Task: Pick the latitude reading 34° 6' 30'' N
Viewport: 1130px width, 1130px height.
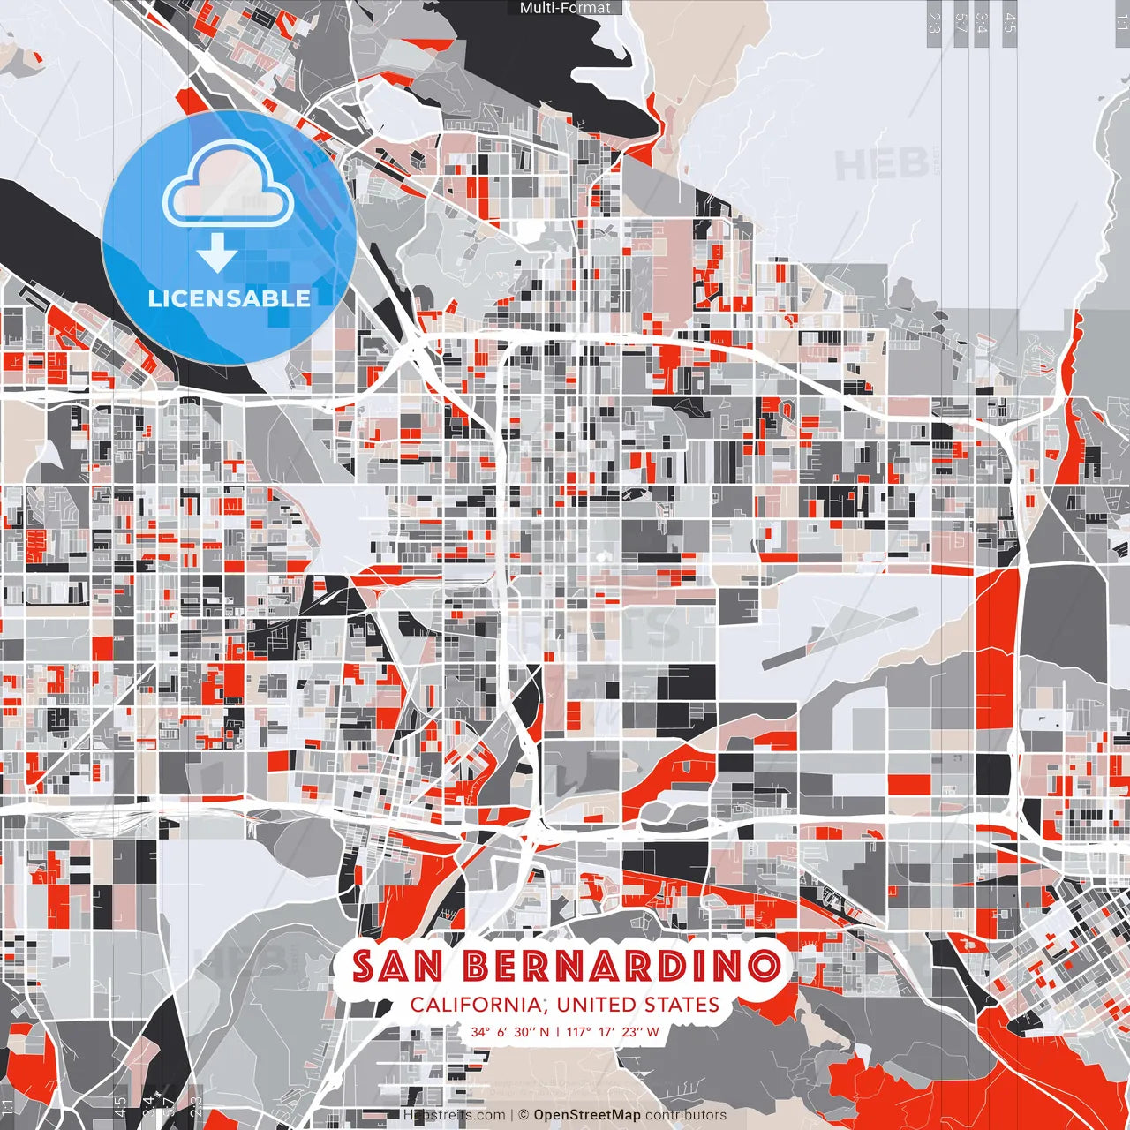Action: [509, 1031]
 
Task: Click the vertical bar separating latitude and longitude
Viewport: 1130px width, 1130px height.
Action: [558, 1031]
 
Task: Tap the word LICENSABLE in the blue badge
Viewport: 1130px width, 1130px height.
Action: [229, 298]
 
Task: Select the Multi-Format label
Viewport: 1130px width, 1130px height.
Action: [565, 8]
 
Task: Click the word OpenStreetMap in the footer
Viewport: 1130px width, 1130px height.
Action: [587, 1115]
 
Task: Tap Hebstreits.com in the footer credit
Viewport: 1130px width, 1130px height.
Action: [454, 1115]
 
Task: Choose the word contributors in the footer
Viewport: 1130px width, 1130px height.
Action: [686, 1115]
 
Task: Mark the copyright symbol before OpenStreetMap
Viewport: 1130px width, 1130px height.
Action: [524, 1115]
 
